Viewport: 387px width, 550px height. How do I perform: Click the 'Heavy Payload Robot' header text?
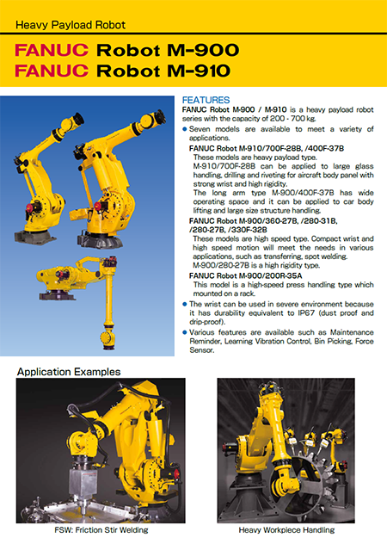click(x=71, y=25)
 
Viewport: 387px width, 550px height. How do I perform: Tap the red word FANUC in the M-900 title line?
click(x=52, y=50)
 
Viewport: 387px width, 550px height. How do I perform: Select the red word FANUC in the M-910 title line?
click(x=52, y=71)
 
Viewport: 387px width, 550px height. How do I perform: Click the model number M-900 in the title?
click(x=203, y=50)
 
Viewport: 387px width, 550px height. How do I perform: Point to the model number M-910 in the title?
click(x=199, y=71)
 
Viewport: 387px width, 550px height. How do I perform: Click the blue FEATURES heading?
click(x=206, y=100)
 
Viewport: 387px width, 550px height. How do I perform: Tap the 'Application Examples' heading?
click(x=69, y=372)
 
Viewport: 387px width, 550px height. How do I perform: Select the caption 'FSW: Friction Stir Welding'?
click(x=101, y=529)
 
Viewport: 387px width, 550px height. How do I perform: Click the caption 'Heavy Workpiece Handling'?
click(x=286, y=529)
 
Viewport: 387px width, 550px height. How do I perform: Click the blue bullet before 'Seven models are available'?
click(x=185, y=129)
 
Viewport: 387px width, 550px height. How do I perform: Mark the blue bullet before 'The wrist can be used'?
click(x=185, y=304)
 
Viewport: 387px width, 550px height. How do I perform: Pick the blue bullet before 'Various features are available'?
click(x=185, y=332)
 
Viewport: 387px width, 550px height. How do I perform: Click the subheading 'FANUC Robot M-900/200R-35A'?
click(x=245, y=275)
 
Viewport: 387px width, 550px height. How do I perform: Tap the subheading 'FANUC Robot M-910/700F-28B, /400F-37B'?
click(x=267, y=148)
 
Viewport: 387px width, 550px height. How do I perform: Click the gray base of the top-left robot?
click(x=34, y=237)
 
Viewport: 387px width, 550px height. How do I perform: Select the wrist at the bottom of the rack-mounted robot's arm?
click(x=108, y=338)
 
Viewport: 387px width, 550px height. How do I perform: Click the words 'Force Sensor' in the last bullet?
click(x=281, y=345)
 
